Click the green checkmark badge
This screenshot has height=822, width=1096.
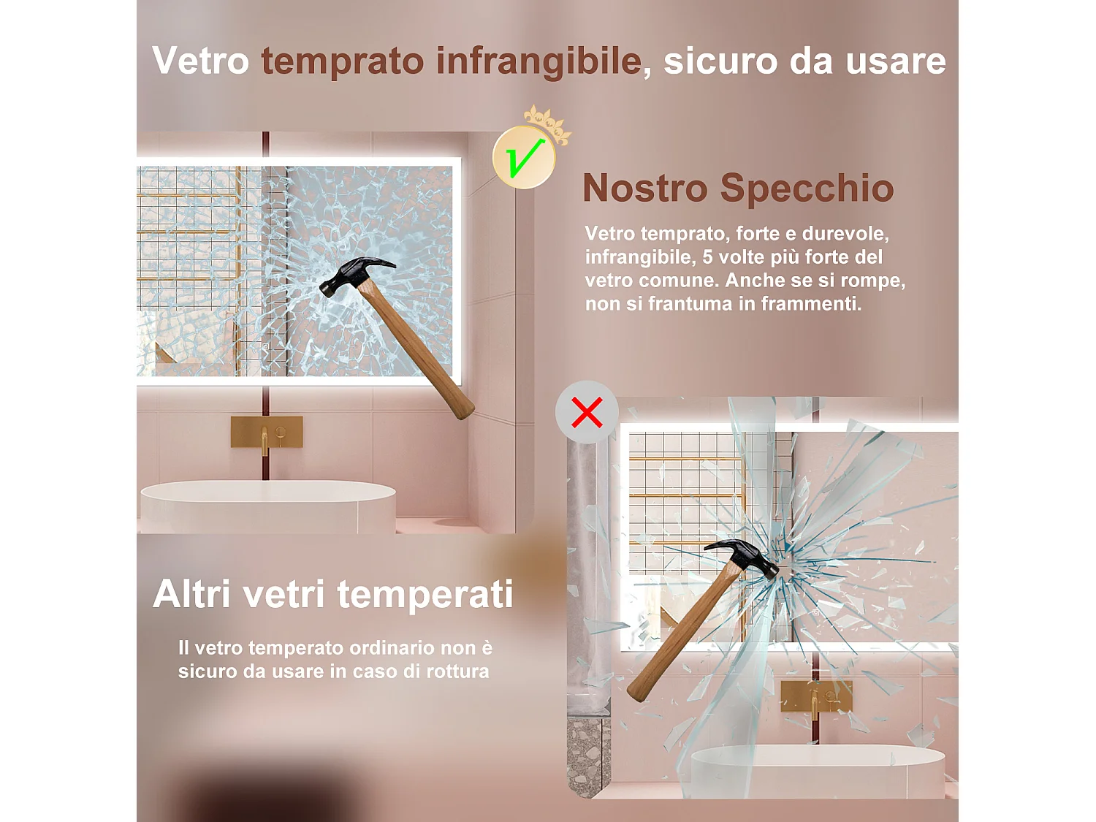tap(524, 158)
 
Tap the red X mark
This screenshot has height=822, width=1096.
tap(587, 412)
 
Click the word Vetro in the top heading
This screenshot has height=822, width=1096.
tap(201, 61)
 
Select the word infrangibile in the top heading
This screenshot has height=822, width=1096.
tap(539, 61)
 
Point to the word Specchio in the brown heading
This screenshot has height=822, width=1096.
tap(807, 188)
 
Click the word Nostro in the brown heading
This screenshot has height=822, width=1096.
tap(645, 188)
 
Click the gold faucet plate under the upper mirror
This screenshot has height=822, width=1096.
tap(267, 432)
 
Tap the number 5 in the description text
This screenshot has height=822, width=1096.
tap(707, 257)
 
